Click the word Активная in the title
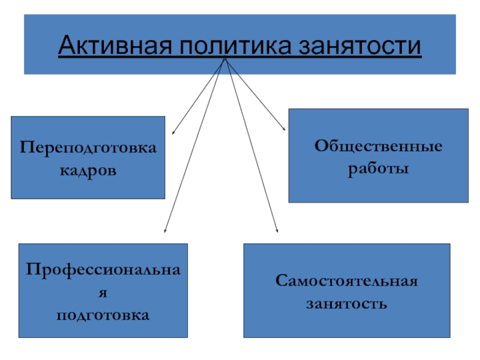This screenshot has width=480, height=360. [x=113, y=46]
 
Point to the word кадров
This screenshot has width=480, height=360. [x=88, y=171]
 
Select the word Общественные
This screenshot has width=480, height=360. [x=379, y=146]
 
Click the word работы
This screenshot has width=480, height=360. [x=379, y=169]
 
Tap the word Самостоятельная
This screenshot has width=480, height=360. [x=346, y=280]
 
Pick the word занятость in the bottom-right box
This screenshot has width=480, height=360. [x=346, y=303]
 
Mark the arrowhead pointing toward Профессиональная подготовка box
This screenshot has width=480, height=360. [x=166, y=230]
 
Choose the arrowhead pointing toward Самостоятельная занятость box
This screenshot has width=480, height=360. [x=277, y=231]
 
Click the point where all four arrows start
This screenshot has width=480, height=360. [x=224, y=59]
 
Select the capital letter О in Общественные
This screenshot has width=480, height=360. [x=321, y=146]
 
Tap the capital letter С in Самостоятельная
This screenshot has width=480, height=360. [x=280, y=280]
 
